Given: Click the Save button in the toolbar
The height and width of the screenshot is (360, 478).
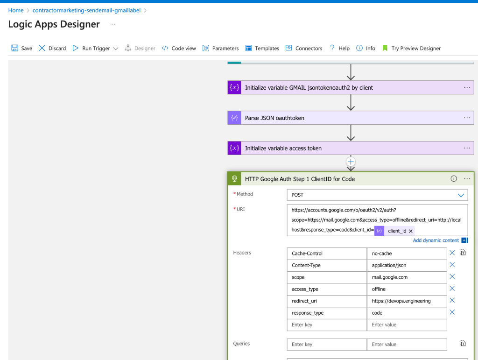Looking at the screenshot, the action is point(21,48).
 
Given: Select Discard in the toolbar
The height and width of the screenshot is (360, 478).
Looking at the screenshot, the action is point(52,48).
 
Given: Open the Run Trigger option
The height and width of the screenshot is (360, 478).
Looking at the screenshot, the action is point(95,48).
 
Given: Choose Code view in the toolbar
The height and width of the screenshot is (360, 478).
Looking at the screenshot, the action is point(179,48).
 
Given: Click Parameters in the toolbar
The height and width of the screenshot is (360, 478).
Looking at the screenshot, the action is point(220,48).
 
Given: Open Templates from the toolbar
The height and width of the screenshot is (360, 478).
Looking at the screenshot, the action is point(262,48).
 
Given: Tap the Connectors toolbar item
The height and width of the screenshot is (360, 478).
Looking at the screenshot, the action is point(303,48).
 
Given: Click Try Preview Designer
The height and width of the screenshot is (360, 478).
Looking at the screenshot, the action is point(411,48).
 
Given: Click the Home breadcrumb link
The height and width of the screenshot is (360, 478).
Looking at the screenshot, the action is point(16,10).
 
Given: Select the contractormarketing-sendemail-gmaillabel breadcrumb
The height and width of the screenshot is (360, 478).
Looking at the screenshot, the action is point(86,10).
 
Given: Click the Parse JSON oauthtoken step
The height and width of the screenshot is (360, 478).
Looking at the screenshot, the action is point(351,118).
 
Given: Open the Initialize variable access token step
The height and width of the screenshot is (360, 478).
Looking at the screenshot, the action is point(351,148).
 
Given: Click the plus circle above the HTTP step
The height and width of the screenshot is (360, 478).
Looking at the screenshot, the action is point(351,162).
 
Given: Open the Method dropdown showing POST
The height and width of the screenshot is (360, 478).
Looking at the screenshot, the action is point(377,195).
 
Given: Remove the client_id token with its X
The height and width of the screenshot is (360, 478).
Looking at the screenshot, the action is point(411,231).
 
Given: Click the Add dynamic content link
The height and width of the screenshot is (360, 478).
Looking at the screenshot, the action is point(436,240).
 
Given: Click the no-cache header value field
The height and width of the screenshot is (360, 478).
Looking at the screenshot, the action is point(407,254).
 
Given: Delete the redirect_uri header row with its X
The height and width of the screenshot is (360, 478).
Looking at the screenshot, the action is point(452,300).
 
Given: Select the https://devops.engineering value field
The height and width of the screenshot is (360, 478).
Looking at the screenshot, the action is point(407,301).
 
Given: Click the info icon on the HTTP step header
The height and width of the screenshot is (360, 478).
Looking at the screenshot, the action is point(454,179).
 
